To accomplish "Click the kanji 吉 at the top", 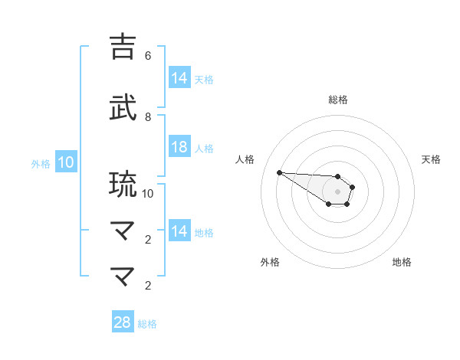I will (x=123, y=47).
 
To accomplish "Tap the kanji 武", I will (x=123, y=108).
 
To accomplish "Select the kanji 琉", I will (x=123, y=185).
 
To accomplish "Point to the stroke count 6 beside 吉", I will (x=148, y=56).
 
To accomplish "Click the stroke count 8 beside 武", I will (x=148, y=116).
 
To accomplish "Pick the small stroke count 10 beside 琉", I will (x=148, y=193).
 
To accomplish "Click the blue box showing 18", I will (x=179, y=148).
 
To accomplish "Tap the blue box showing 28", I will (x=123, y=322).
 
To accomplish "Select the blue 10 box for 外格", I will (x=65, y=162).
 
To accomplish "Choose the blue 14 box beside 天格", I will (x=179, y=78).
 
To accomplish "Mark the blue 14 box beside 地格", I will (x=179, y=232).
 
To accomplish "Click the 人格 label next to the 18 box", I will (x=204, y=149).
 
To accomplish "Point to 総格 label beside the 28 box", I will (x=147, y=323).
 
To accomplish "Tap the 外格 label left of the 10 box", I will (x=40, y=163).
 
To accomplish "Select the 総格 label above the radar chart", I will (x=337, y=100).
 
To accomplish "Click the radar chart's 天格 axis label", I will (x=431, y=159).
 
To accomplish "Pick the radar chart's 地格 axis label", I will (x=402, y=262).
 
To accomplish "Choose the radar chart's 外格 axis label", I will (x=270, y=262).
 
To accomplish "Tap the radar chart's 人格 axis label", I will (x=245, y=159).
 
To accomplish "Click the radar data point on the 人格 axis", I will (x=279, y=172).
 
